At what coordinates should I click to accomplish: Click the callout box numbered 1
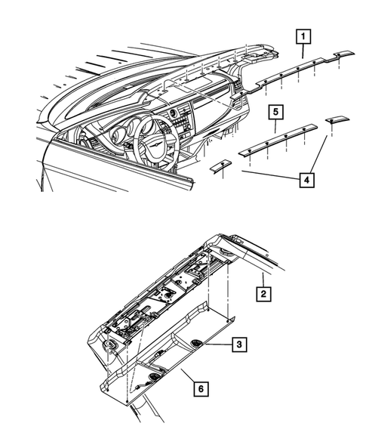[x=302, y=35]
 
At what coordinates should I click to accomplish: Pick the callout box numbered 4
[x=306, y=181]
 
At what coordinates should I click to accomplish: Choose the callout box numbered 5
[x=276, y=113]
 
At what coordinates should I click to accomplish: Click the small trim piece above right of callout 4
[x=334, y=121]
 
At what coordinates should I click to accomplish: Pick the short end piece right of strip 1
[x=344, y=53]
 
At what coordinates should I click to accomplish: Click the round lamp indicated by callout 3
[x=198, y=344]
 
